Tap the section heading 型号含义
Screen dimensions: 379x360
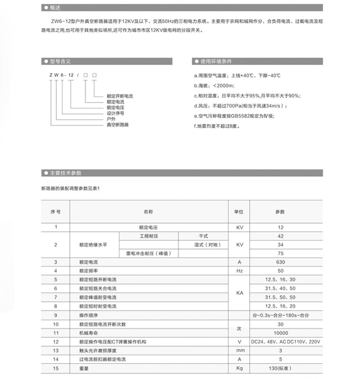point(60,62)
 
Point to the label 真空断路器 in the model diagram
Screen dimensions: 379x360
point(118,125)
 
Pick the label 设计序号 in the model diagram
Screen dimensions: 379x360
point(116,113)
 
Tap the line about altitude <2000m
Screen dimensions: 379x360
point(214,85)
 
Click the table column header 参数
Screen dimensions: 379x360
point(280,211)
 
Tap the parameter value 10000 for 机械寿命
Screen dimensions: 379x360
point(280,333)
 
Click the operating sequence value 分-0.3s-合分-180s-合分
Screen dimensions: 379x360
point(280,315)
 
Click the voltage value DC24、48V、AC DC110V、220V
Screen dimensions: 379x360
point(280,342)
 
